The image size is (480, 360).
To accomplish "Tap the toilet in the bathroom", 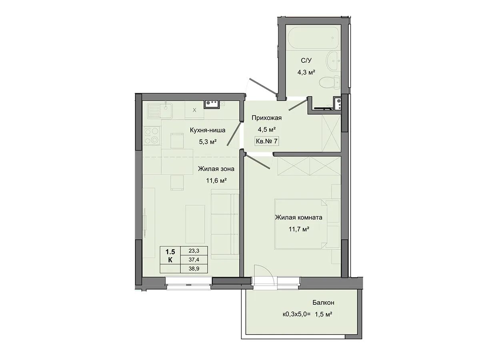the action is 330,83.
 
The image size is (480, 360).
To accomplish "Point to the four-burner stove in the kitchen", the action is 152,136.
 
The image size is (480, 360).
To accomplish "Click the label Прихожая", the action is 266,118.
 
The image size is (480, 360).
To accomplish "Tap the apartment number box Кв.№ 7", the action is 266,141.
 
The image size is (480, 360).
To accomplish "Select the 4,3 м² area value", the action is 306,72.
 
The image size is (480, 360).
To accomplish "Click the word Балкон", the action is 323,302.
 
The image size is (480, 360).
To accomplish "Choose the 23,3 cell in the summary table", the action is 194,251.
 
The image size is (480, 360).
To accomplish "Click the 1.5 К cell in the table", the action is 170,255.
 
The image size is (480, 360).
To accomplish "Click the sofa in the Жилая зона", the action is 225,222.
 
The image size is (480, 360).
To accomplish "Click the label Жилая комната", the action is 298,218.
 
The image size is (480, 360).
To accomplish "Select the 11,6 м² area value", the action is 216,180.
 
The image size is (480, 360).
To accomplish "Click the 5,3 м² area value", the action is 208,142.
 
